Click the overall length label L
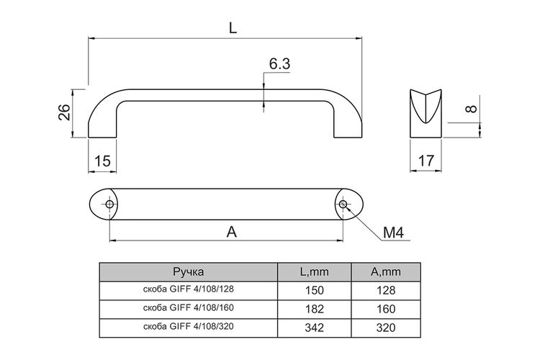[x=233, y=28]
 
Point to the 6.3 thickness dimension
[x=279, y=64]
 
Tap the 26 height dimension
[x=64, y=112]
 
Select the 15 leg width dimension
[x=102, y=161]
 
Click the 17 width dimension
[x=426, y=161]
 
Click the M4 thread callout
[x=393, y=233]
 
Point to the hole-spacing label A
[x=232, y=232]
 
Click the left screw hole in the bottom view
[x=110, y=204]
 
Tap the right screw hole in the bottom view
[x=343, y=204]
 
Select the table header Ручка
[x=189, y=272]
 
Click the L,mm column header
[x=315, y=272]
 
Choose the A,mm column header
[x=386, y=272]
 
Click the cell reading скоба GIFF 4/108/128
[x=189, y=289]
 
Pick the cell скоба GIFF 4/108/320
[x=189, y=326]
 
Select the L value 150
[x=315, y=290]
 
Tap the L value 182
[x=315, y=309]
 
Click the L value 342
[x=315, y=328]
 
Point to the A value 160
[x=386, y=309]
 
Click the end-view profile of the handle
[x=426, y=114]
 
